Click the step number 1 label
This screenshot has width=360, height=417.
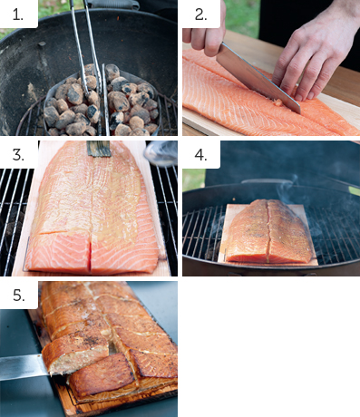pyautogui.click(x=18, y=15)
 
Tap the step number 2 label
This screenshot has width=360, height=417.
pyautogui.click(x=200, y=15)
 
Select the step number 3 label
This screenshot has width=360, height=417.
pyautogui.click(x=18, y=155)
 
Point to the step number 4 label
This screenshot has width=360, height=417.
pyautogui.click(x=200, y=155)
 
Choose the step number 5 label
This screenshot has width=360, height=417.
pyautogui.click(x=19, y=296)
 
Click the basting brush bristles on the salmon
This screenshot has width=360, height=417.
pyautogui.click(x=99, y=149)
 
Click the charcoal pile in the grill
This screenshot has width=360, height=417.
pyautogui.click(x=102, y=102)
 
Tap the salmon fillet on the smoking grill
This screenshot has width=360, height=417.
pyautogui.click(x=268, y=231)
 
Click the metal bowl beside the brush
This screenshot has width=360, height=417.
pyautogui.click(x=161, y=153)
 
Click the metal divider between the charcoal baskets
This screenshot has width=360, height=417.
pyautogui.click(x=105, y=99)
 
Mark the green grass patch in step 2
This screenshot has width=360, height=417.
pyautogui.click(x=242, y=16)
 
